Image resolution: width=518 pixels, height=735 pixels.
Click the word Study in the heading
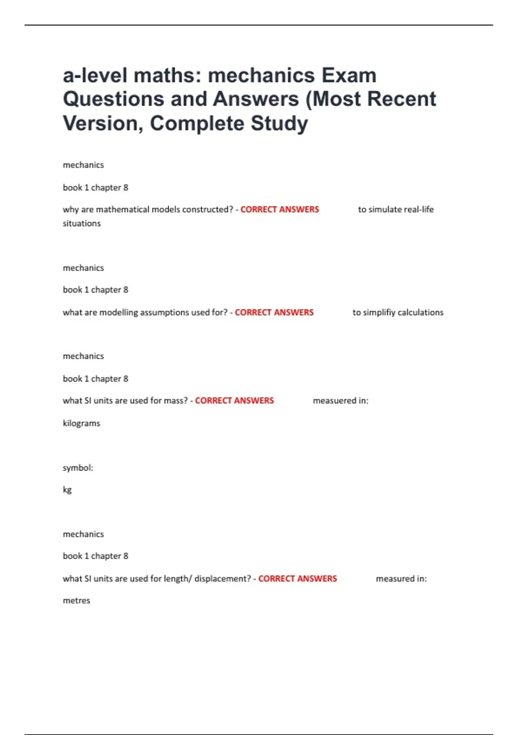point(279,123)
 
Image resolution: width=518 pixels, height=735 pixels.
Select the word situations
point(82,224)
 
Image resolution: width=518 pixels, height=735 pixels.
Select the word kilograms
point(82,423)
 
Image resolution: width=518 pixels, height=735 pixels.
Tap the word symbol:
point(78,468)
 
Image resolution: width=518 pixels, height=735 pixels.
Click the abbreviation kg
point(67,490)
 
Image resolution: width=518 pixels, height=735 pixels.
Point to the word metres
point(76,601)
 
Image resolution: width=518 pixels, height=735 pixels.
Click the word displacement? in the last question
point(222,578)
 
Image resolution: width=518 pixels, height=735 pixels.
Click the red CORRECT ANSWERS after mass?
point(234,401)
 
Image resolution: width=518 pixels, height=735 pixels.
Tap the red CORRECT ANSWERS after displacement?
point(297,578)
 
